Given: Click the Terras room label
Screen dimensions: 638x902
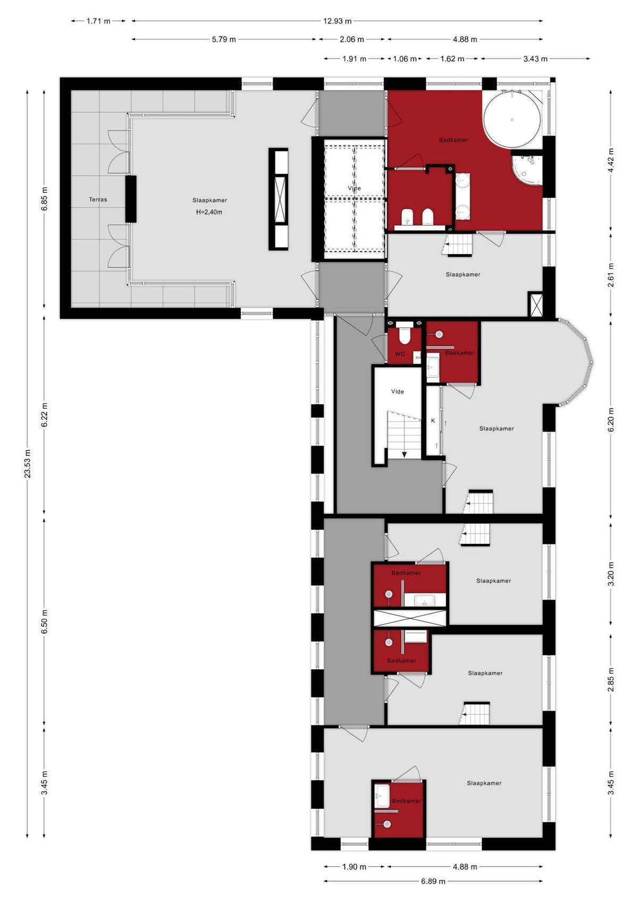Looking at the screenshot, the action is click(x=98, y=199).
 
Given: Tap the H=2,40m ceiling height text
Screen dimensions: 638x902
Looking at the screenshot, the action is click(x=209, y=212).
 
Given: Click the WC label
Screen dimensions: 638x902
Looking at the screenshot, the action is click(x=400, y=354).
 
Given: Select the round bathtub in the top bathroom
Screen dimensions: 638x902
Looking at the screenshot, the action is click(x=512, y=120).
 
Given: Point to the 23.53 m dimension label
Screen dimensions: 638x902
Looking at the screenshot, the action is click(x=28, y=462).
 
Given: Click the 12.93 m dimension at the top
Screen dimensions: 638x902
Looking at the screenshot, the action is click(x=337, y=21).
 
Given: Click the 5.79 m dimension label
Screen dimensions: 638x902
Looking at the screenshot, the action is click(x=224, y=39).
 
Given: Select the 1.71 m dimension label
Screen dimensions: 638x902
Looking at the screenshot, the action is click(x=98, y=21).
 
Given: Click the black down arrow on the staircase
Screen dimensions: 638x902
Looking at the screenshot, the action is click(x=404, y=454).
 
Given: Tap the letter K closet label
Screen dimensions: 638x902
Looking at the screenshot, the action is click(x=433, y=420).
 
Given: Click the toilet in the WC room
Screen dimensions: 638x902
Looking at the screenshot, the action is click(x=403, y=335).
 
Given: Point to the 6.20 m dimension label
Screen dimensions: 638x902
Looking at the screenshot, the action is click(x=611, y=419).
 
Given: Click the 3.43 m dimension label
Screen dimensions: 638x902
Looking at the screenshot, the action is click(x=535, y=59).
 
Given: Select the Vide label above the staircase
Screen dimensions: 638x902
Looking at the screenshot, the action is click(x=397, y=391).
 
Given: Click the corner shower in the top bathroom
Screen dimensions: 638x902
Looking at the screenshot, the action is click(x=527, y=169).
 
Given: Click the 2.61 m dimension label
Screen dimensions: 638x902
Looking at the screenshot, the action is click(x=611, y=275).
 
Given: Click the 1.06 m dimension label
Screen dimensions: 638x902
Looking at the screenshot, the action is click(x=405, y=59).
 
